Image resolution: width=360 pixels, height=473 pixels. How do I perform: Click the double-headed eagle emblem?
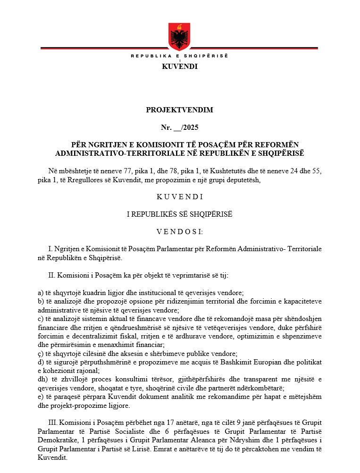[x=179, y=37]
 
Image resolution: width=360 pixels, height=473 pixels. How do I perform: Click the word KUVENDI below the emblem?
[x=179, y=67]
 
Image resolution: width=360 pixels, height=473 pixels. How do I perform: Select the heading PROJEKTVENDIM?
[x=179, y=110]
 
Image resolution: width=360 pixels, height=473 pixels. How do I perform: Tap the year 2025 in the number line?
[x=191, y=127]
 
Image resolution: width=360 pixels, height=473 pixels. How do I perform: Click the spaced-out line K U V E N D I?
[x=179, y=197]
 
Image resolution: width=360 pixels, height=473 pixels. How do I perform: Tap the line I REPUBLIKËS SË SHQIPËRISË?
[x=179, y=214]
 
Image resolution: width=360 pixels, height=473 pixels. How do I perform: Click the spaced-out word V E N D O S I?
[x=179, y=232]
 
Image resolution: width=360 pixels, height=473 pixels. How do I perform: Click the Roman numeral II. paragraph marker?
[x=52, y=275]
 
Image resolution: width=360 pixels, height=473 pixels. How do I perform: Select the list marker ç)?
[x=40, y=354]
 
